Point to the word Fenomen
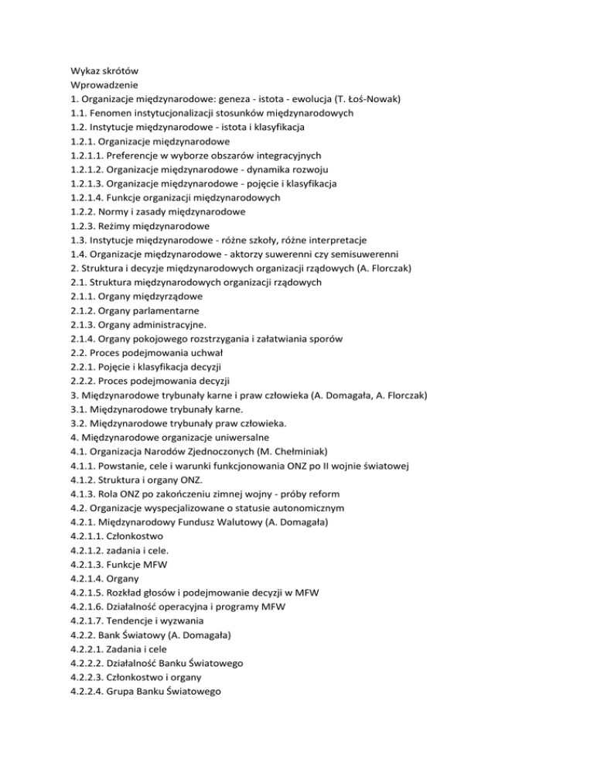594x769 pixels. (119, 112)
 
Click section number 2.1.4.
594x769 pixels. (83, 338)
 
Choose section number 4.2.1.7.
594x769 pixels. (88, 620)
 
